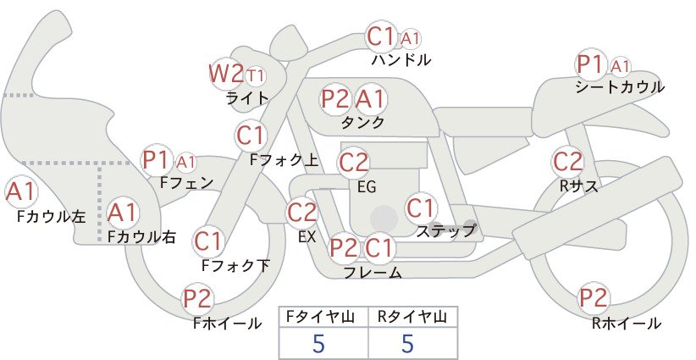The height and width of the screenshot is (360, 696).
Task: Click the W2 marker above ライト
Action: (x=226, y=74)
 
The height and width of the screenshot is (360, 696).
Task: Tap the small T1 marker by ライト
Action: (x=256, y=76)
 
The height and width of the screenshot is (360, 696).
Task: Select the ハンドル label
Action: (x=401, y=59)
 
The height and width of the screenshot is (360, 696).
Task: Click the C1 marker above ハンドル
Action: (x=381, y=36)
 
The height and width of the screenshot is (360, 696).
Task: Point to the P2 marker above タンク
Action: (x=335, y=99)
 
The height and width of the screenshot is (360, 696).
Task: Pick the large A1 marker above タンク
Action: (x=369, y=99)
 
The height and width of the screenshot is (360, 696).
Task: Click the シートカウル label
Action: (x=620, y=87)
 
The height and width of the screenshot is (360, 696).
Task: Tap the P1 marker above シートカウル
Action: (x=590, y=65)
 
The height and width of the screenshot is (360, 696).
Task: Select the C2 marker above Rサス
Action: (x=567, y=162)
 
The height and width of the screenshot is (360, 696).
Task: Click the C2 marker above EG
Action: (x=354, y=163)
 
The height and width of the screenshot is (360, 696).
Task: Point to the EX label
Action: (x=307, y=237)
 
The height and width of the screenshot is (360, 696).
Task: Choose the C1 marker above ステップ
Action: (x=421, y=208)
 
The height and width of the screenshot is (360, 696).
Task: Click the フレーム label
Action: (x=373, y=272)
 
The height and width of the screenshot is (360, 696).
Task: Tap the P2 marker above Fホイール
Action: (x=197, y=299)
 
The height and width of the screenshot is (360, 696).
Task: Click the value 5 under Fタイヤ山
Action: (x=318, y=343)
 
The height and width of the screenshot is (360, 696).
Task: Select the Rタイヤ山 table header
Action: (x=413, y=317)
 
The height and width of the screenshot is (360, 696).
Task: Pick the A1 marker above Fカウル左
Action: (x=20, y=192)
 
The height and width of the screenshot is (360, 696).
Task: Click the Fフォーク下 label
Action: (x=235, y=265)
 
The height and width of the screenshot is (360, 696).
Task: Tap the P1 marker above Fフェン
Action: (x=157, y=160)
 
